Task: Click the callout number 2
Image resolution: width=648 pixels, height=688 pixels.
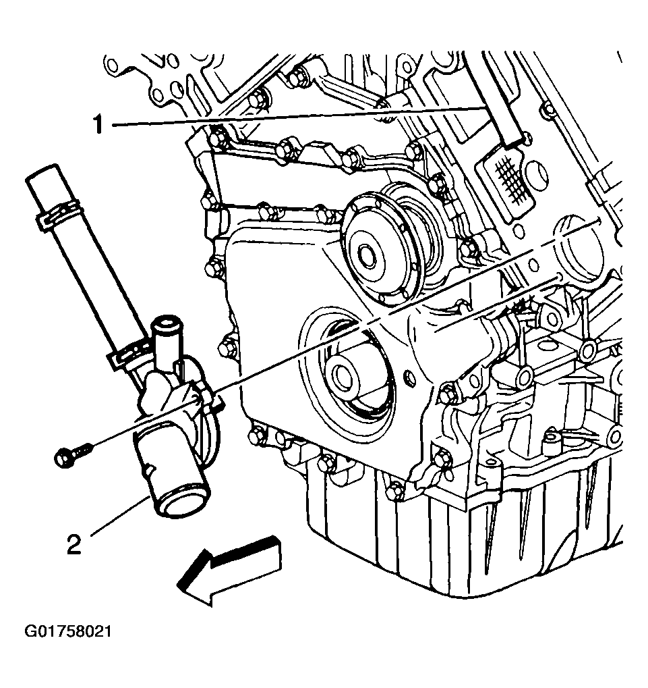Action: [x=73, y=544]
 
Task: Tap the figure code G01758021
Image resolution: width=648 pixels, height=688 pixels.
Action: [x=68, y=632]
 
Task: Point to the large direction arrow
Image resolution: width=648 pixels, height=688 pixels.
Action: [x=229, y=570]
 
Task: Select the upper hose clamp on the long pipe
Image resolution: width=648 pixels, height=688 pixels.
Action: [x=57, y=213]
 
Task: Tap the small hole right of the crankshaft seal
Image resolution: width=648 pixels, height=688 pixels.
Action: [x=410, y=377]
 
